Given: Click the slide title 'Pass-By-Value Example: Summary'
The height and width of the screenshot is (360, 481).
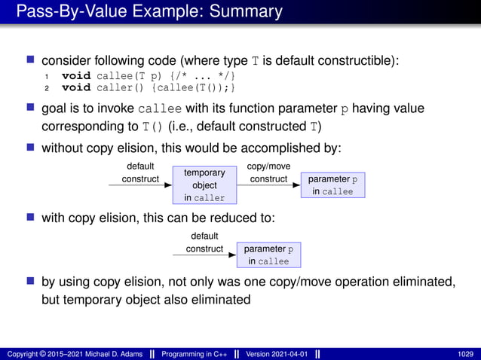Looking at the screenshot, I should [149, 12].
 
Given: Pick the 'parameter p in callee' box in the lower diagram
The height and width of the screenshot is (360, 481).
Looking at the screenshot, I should [268, 255].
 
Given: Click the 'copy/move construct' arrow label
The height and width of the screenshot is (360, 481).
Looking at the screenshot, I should [268, 172].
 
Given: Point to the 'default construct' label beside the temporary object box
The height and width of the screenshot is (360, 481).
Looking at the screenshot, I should [140, 172].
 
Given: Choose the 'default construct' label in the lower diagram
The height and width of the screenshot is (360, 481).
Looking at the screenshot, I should [204, 243].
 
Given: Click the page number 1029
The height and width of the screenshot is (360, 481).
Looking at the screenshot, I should [466, 354].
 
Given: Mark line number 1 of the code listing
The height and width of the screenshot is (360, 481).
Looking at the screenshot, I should [47, 75].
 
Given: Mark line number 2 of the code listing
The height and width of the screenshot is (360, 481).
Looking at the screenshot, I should [47, 88].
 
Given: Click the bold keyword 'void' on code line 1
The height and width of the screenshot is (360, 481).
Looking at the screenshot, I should [76, 75].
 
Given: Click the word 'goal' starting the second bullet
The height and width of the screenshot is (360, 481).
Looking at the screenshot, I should [55, 109].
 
